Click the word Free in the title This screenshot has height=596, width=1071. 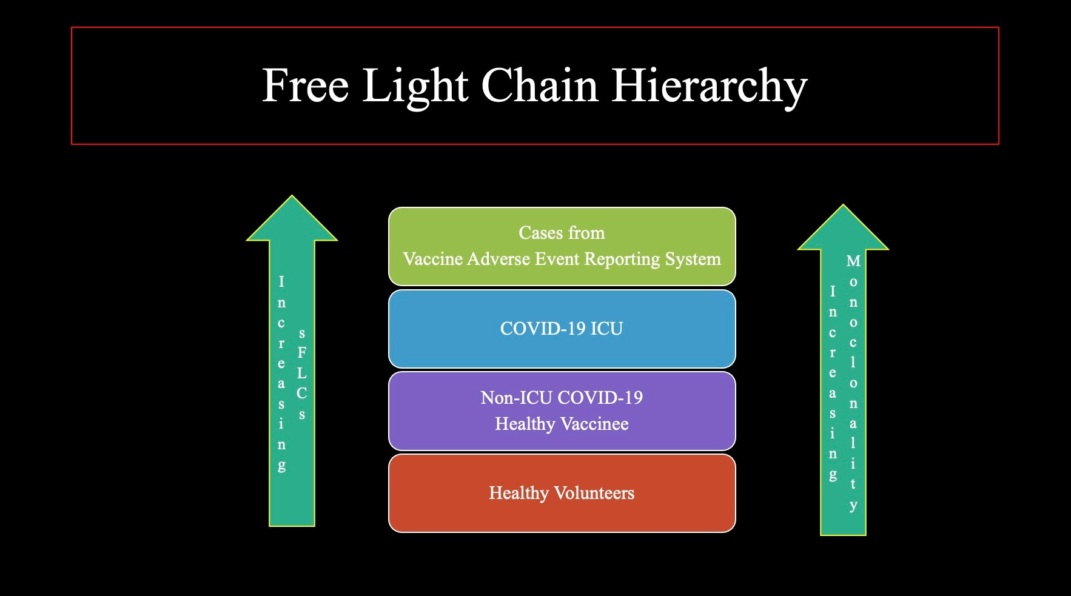tap(305, 85)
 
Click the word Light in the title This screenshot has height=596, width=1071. tap(415, 85)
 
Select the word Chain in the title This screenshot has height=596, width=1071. tap(540, 85)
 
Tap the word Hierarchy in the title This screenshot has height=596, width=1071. tap(709, 85)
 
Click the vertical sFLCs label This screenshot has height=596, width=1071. tap(301, 373)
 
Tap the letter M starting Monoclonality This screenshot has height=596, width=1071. tap(853, 261)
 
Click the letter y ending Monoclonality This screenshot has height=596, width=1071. tap(853, 505)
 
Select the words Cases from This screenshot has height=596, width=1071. tap(562, 233)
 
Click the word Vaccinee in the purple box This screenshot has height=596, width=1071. tap(594, 424)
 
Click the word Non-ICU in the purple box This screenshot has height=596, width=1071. tap(516, 398)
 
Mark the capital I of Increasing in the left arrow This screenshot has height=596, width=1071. tap(281, 281)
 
